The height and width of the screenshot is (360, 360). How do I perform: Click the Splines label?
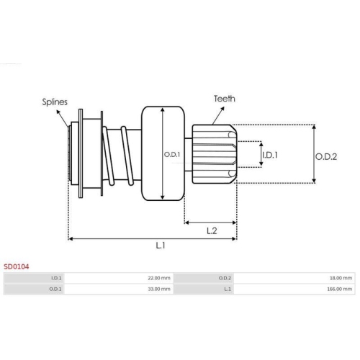[x=55, y=102]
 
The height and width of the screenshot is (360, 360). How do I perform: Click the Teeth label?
[x=225, y=99]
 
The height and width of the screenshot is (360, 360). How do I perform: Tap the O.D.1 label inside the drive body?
[x=172, y=155]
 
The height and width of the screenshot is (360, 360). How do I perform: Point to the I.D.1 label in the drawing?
[x=270, y=155]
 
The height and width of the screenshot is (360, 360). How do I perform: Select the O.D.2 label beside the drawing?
[x=326, y=157]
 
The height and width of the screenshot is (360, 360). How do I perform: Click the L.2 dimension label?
[x=212, y=231]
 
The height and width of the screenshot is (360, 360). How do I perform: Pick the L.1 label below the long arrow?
[x=161, y=246]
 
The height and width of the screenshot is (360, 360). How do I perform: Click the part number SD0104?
[x=16, y=266]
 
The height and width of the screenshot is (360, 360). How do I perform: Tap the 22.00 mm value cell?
[x=119, y=278]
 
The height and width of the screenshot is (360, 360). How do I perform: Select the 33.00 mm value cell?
[x=119, y=289]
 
